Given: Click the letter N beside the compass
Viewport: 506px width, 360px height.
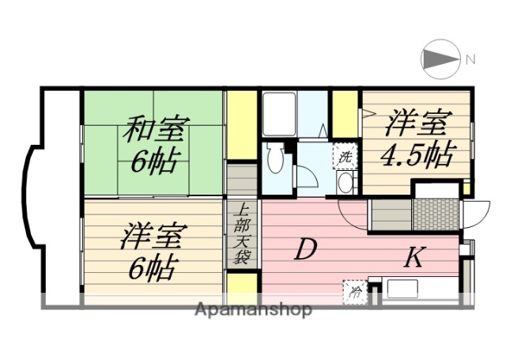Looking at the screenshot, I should tap(470, 59).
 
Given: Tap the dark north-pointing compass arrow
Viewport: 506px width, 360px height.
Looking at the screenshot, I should tap(440, 59).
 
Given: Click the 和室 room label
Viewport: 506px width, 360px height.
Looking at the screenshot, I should tap(155, 129).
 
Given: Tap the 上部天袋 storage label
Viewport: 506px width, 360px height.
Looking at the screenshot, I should tap(243, 234).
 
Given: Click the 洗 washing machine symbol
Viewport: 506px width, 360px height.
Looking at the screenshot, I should tap(346, 155).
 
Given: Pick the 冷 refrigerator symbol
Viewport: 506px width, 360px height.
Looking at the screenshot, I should tap(353, 291).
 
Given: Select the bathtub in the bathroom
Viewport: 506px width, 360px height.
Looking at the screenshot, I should tap(278, 116).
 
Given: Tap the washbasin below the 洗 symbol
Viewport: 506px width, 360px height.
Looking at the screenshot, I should tap(346, 182).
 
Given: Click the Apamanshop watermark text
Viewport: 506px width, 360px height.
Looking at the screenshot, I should tap(253, 309).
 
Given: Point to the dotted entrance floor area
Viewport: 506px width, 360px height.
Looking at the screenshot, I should tap(435, 214).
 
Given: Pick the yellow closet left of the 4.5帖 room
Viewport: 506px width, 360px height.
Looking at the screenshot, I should tap(345, 116).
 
